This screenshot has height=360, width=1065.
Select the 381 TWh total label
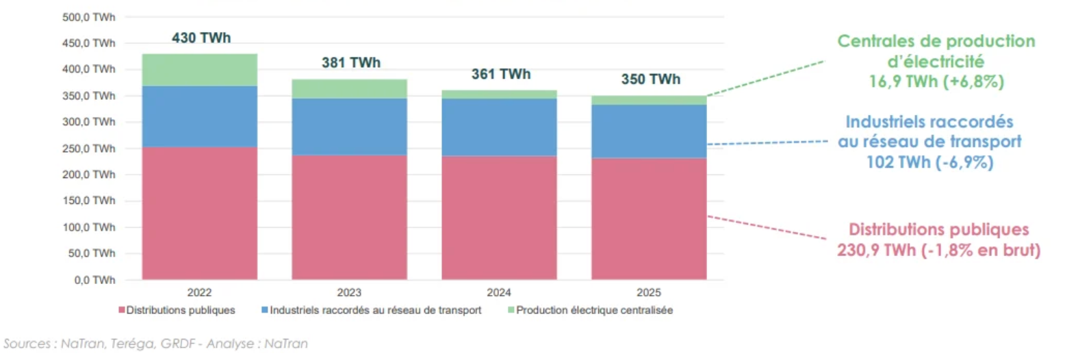click(x=350, y=63)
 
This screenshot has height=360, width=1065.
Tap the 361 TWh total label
click(x=500, y=75)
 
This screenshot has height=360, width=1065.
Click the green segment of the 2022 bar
click(x=200, y=70)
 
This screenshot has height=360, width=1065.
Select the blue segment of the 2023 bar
click(x=350, y=127)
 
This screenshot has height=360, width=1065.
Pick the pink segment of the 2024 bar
click(x=500, y=218)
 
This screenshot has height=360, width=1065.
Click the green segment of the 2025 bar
click(x=650, y=100)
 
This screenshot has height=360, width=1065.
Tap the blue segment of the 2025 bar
click(x=650, y=131)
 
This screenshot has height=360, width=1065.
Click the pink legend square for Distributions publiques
click(x=123, y=310)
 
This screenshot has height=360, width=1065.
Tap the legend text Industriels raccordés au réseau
click(x=376, y=310)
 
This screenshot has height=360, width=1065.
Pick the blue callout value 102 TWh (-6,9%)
click(x=929, y=163)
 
